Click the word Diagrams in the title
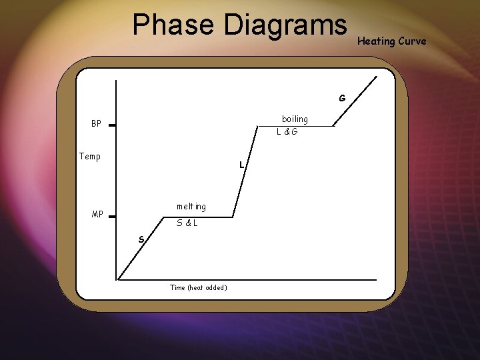pyautogui.click(x=285, y=25)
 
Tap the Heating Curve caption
pyautogui.click(x=391, y=41)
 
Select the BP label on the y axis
pyautogui.click(x=97, y=124)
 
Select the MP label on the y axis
pyautogui.click(x=97, y=215)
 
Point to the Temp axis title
pyautogui.click(x=90, y=157)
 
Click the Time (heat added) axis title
pyautogui.click(x=198, y=287)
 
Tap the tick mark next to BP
pyautogui.click(x=113, y=125)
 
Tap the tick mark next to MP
pyautogui.click(x=113, y=216)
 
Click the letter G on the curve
pyautogui.click(x=342, y=98)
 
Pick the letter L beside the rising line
pyautogui.click(x=243, y=165)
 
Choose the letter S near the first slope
pyautogui.click(x=141, y=239)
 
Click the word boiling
pyautogui.click(x=295, y=119)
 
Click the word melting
pyautogui.click(x=191, y=207)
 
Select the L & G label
pyautogui.click(x=287, y=132)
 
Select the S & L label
pyautogui.click(x=187, y=223)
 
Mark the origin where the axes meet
pyautogui.click(x=117, y=279)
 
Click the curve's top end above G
pyautogui.click(x=376, y=77)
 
